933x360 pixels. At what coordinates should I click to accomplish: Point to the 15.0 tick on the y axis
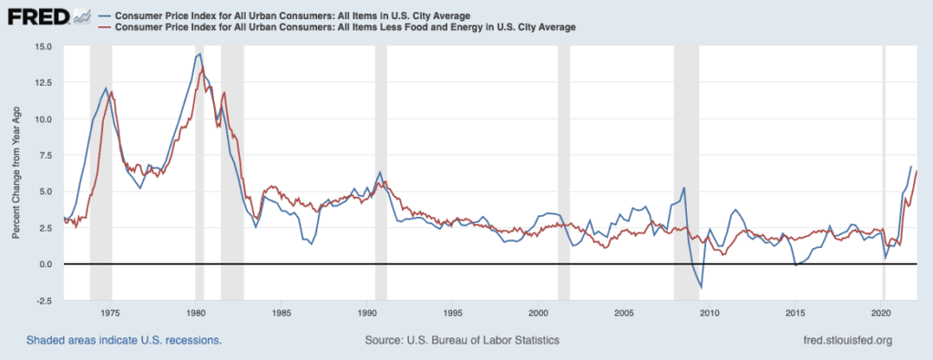tap(43, 46)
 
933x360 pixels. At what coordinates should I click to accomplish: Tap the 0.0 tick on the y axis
tap(46, 264)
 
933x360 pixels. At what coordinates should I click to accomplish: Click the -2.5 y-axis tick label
tap(44, 300)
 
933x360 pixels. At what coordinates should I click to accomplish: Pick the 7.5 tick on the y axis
tap(46, 155)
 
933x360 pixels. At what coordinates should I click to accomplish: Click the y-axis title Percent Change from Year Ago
tap(16, 172)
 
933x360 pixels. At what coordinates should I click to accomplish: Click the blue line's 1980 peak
tap(199, 55)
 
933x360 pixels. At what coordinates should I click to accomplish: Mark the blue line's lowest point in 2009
tap(701, 288)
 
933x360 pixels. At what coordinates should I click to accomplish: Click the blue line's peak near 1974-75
tap(106, 89)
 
